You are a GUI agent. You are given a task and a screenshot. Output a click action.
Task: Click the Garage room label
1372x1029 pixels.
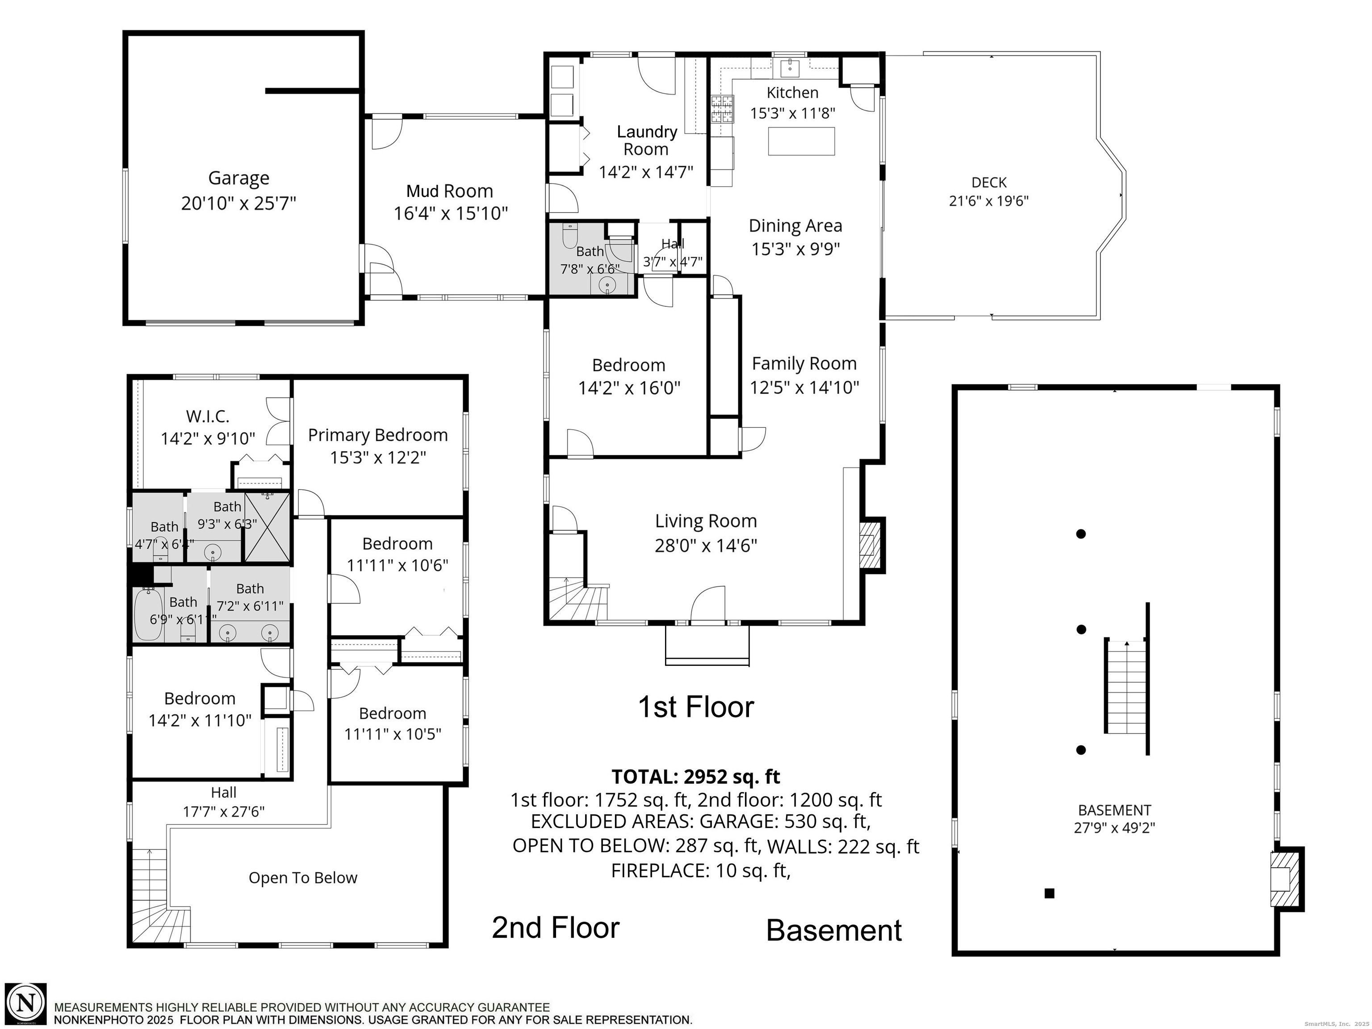239,178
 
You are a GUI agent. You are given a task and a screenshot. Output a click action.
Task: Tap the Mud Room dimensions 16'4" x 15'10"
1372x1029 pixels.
451,213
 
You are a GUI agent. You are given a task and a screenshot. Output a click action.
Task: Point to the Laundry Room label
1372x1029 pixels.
646,140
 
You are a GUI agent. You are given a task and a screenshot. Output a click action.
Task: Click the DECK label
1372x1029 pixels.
989,182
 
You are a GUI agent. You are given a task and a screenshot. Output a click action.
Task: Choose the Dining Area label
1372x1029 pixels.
795,226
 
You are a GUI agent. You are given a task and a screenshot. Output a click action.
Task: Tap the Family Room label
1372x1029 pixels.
804,364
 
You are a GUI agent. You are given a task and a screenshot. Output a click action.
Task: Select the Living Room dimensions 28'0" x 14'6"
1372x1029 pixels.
706,546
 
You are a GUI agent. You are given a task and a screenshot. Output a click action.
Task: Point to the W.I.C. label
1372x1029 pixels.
208,416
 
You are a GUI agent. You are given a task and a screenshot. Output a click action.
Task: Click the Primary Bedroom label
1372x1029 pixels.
378,435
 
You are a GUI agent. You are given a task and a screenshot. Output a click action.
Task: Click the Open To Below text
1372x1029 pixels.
303,878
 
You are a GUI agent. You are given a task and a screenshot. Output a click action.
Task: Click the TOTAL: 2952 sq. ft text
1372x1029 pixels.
695,777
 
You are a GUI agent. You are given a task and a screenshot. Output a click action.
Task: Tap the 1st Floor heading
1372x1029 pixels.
696,707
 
